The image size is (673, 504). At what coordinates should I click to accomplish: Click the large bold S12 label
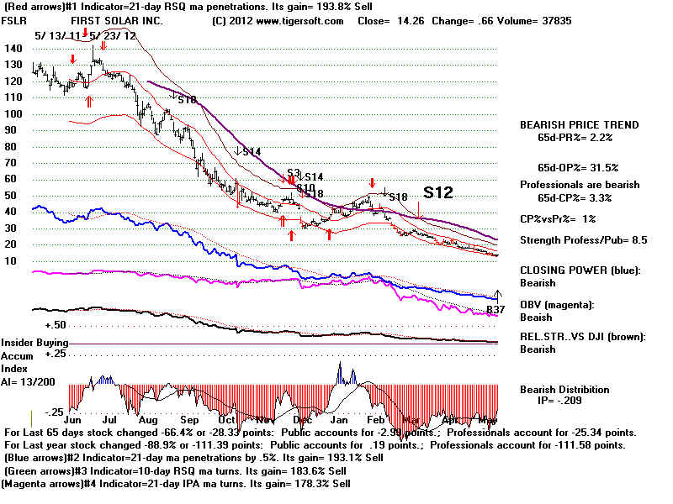(x=438, y=192)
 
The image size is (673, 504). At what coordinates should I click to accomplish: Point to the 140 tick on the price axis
(x=13, y=49)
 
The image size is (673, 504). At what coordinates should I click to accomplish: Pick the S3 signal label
(x=294, y=171)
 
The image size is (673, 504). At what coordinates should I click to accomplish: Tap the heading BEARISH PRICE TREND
(x=579, y=125)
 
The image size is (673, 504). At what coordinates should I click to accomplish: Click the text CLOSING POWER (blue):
(x=578, y=270)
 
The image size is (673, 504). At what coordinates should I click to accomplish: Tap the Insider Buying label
(x=34, y=344)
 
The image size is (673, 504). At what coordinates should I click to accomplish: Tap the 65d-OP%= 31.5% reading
(x=577, y=167)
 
